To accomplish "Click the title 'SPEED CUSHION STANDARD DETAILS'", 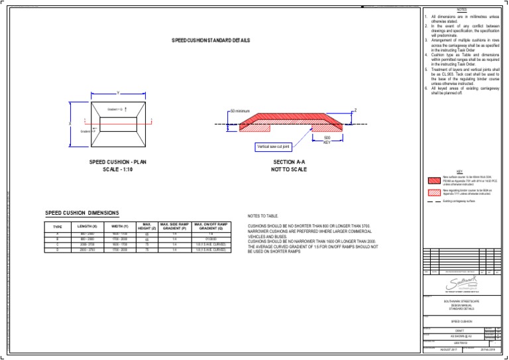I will [x=211, y=40].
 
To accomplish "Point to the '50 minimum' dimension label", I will [x=241, y=110].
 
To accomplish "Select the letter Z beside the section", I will [x=355, y=110].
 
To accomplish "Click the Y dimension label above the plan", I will [x=118, y=93].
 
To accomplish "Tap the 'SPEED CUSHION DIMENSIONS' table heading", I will [x=82, y=213].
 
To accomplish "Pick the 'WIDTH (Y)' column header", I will [x=119, y=227].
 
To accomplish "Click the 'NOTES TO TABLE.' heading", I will [x=266, y=216].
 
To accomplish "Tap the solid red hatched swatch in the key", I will [x=434, y=180].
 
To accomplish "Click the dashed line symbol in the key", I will [x=434, y=200].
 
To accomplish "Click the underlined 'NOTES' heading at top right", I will [x=462, y=10].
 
